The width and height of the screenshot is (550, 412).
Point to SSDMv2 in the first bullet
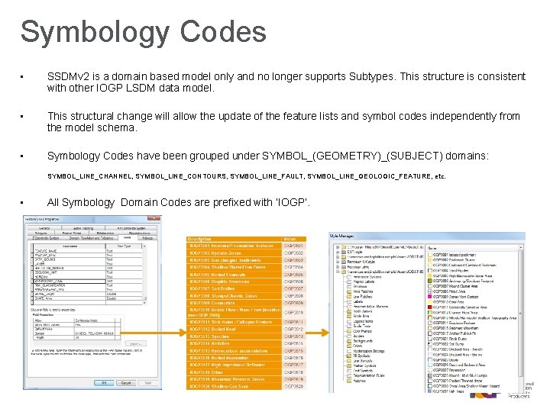(x=73, y=76)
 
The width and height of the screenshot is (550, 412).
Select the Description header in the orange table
(x=200, y=239)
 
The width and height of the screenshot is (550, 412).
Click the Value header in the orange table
(x=291, y=239)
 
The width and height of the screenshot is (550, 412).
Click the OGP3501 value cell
(x=294, y=246)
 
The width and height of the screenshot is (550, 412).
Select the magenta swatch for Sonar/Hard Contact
(x=429, y=297)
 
